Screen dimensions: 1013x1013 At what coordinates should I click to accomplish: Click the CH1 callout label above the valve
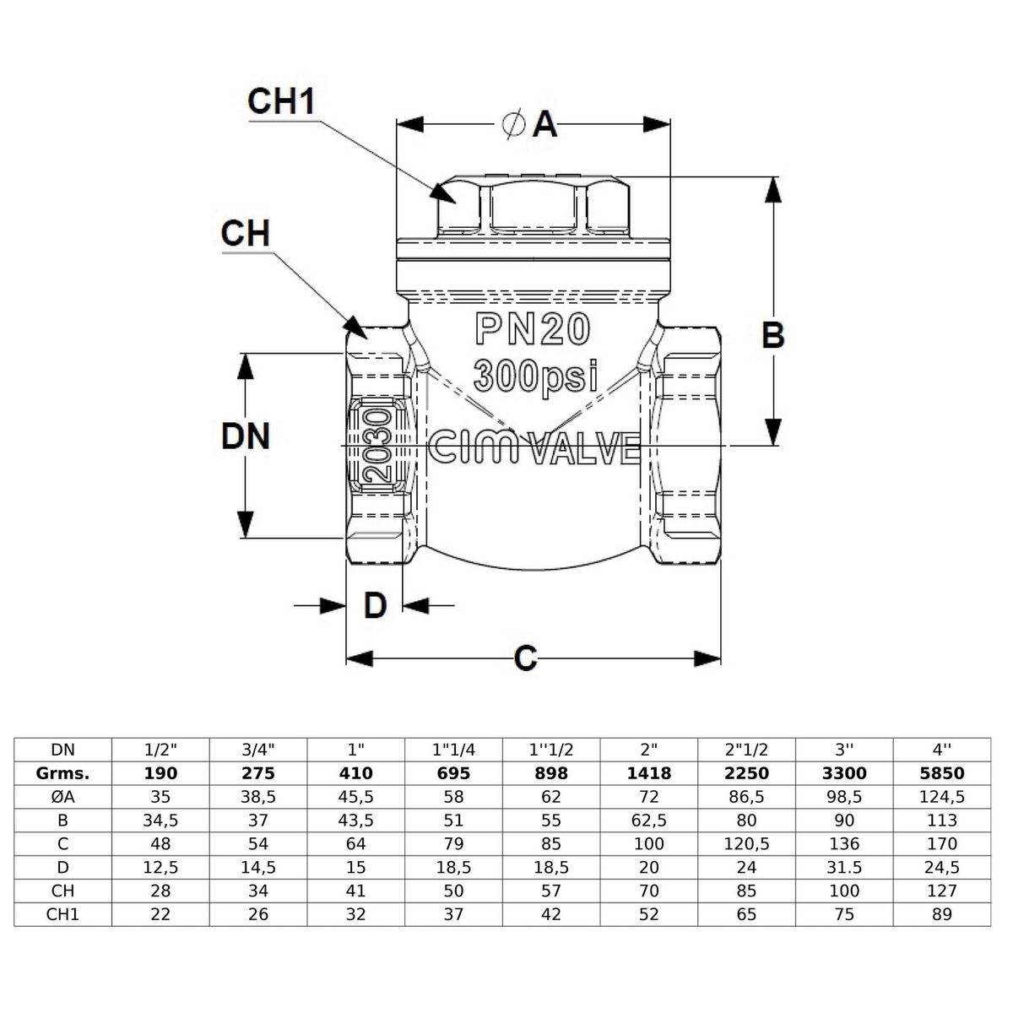pos(280,101)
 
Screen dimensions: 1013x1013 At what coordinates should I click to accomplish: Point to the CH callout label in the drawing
pos(245,233)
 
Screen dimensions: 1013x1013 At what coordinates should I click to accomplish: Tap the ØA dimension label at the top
pos(530,125)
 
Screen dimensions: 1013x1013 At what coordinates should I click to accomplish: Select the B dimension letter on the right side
pos(772,335)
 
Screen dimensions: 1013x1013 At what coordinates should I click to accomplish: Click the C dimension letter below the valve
pos(525,658)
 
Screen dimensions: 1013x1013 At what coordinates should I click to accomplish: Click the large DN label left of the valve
pos(245,436)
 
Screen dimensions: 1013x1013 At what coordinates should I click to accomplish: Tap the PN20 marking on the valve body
pos(532,330)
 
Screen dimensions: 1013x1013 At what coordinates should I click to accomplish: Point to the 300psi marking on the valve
pos(535,375)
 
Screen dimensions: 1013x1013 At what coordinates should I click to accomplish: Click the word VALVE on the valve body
pos(584,449)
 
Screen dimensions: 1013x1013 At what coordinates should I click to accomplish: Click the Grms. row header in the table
pos(62,772)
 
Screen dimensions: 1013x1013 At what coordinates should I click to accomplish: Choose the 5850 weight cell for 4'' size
pos(941,772)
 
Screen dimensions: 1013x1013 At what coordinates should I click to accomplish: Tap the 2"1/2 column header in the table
pos(746,749)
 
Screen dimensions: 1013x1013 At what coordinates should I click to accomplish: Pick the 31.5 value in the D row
pos(844,867)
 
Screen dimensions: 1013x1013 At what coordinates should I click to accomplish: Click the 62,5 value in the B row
pos(648,820)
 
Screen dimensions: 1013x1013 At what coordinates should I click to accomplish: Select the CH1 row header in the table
pos(62,914)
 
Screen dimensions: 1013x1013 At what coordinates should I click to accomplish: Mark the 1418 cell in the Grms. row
pos(648,772)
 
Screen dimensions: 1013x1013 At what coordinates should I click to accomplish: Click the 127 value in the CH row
pos(941,891)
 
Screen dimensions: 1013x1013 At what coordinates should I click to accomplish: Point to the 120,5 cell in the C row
pos(746,843)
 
